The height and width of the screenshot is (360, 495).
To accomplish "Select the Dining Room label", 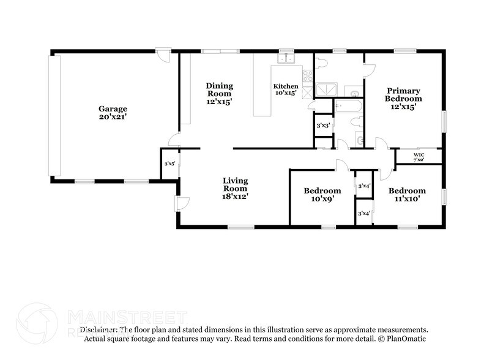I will pyautogui.click(x=218, y=90).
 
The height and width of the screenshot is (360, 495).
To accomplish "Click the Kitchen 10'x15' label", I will pyautogui.click(x=286, y=89).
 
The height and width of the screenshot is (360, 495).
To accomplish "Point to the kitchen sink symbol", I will pyautogui.click(x=286, y=59).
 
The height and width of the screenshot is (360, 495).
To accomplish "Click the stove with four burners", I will pyautogui.click(x=308, y=77).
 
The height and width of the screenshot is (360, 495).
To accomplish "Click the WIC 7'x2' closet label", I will pyautogui.click(x=419, y=157).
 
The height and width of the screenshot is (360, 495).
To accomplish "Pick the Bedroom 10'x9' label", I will pyautogui.click(x=322, y=195).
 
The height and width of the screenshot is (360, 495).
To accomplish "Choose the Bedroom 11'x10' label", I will pyautogui.click(x=407, y=194).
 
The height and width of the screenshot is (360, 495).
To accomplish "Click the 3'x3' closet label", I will pyautogui.click(x=323, y=126).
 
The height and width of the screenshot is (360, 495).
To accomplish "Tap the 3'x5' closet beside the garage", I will pyautogui.click(x=169, y=163).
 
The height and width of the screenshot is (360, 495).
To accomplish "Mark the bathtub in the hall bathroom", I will pyautogui.click(x=348, y=108).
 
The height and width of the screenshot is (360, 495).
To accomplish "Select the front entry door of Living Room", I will pyautogui.click(x=181, y=204).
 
